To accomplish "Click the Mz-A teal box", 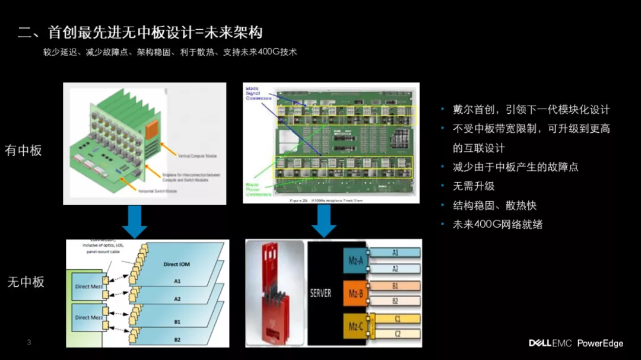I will click(x=356, y=260).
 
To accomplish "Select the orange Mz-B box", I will click(x=356, y=292).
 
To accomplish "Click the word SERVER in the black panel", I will click(x=321, y=293).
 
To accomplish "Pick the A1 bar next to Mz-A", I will click(x=396, y=253).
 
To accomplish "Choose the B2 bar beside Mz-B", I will click(x=396, y=301).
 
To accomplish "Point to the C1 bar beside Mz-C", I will click(x=397, y=318).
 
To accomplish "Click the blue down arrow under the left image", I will click(x=135, y=222).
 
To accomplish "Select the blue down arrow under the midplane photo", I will click(x=324, y=221).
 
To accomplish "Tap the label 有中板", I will click(x=24, y=150).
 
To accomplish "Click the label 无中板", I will click(x=26, y=282).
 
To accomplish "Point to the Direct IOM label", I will click(x=176, y=264).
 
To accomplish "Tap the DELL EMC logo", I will click(x=550, y=343).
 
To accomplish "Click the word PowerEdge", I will click(x=600, y=343).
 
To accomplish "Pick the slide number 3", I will click(x=29, y=342).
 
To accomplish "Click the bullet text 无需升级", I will click(x=474, y=186).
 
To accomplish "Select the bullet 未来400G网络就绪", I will click(x=497, y=225).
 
